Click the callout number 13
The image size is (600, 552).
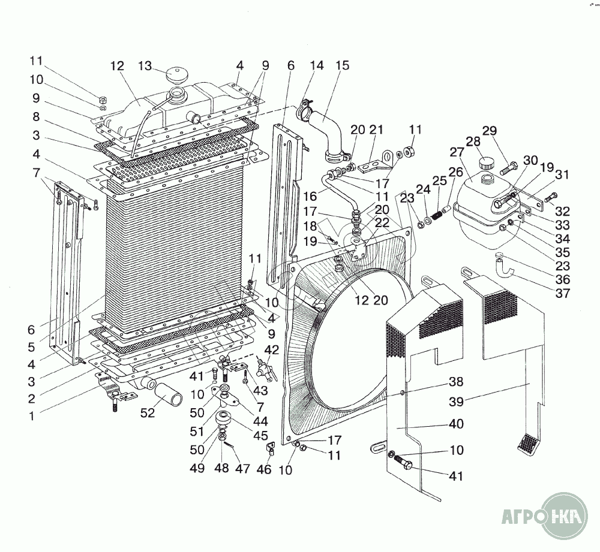[146, 65]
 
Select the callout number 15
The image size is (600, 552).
[342, 65]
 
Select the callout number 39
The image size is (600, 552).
[458, 400]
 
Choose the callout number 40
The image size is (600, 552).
[456, 424]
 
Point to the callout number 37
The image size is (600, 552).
[563, 294]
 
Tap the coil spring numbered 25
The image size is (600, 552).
[438, 214]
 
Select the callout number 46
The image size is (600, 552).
[263, 470]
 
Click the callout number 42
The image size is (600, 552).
[271, 351]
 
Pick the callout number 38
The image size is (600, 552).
[456, 381]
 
